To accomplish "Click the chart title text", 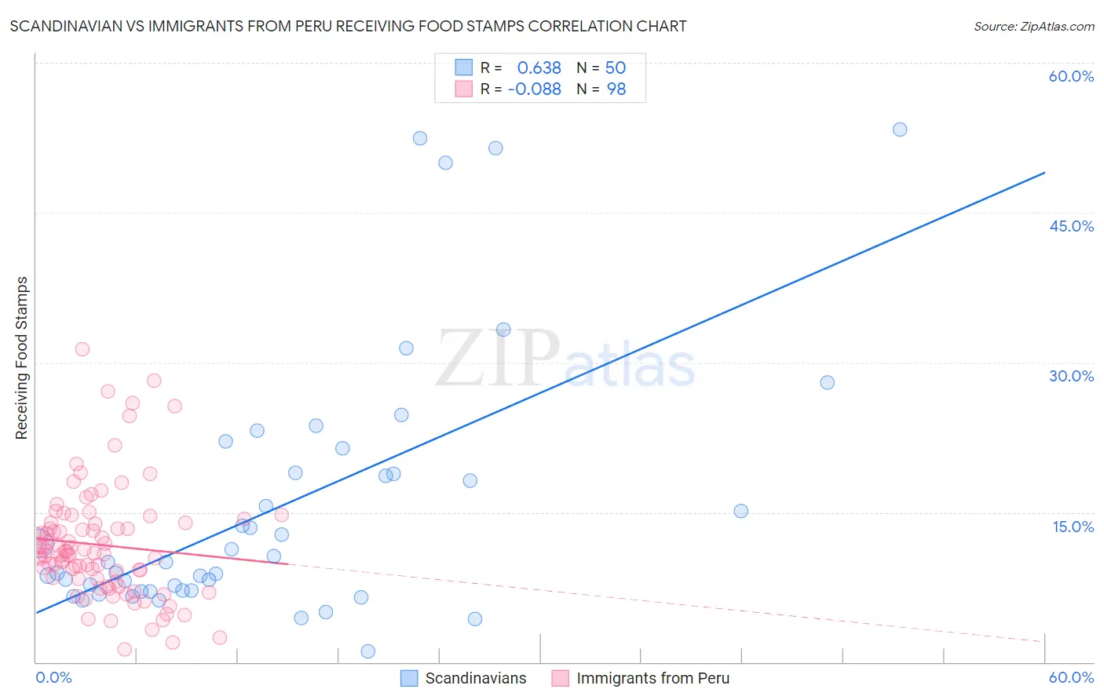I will [348, 27].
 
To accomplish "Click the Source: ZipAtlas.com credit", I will [1033, 27].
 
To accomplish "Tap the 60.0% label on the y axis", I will [1071, 76].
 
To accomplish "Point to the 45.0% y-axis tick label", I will [1071, 226].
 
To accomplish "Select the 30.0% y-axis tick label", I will [1071, 376].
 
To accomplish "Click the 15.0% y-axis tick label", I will [1073, 527].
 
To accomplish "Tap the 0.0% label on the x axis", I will [53, 677].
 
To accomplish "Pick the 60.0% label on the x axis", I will [1071, 677].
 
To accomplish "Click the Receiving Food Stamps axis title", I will [22, 358].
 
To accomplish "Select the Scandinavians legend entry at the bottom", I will [463, 678].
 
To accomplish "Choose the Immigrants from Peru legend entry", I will [641, 678].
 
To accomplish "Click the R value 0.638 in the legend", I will [539, 68].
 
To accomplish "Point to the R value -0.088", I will [534, 89].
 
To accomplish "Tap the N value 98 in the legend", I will [616, 89].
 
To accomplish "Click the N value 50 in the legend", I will [616, 68].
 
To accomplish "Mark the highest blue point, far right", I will [900, 129].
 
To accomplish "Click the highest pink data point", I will [82, 349].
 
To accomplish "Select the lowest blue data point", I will [367, 651].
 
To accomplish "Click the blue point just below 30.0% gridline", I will [827, 383].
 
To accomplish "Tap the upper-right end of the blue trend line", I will [1044, 172].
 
